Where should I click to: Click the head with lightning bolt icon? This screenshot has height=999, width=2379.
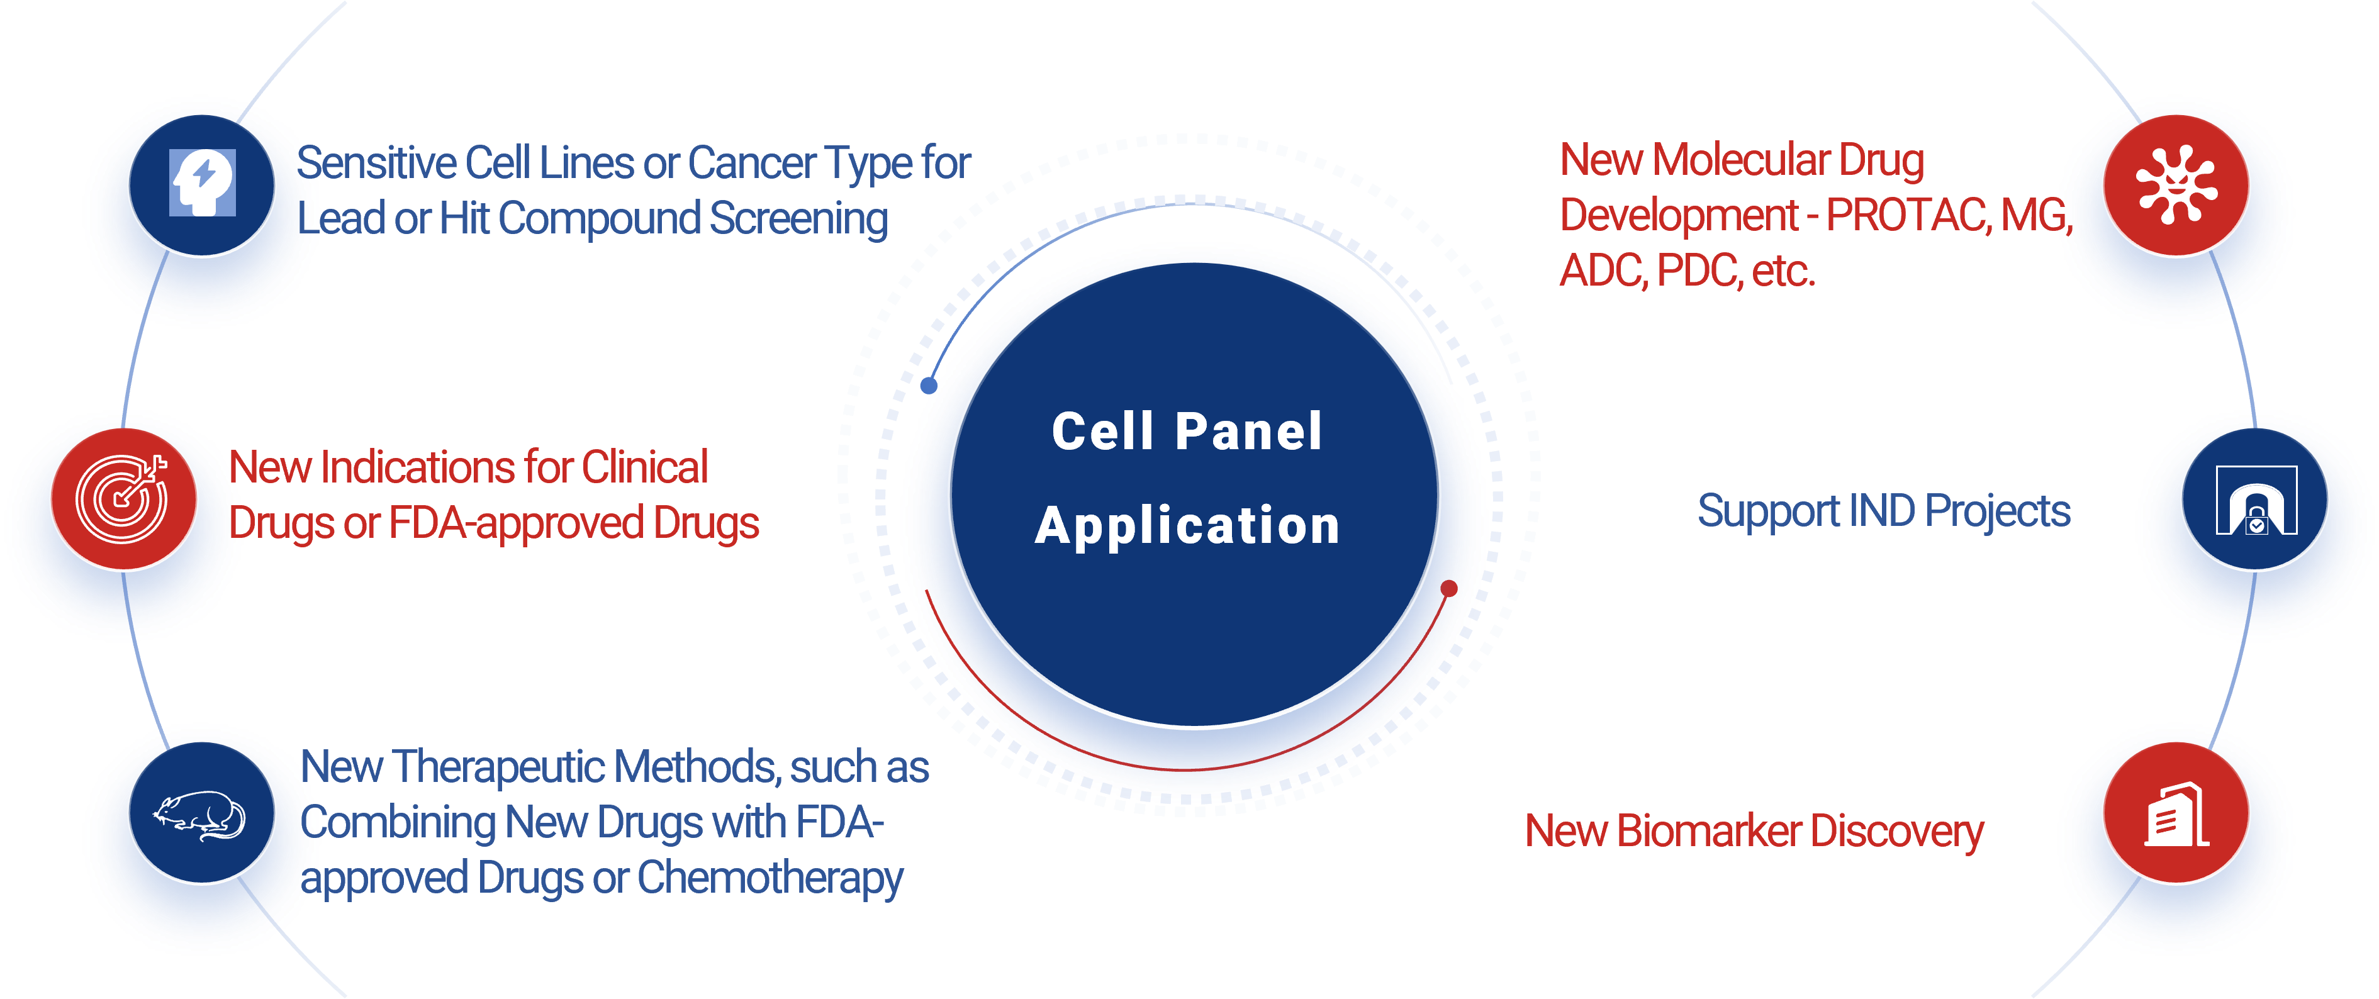click(202, 184)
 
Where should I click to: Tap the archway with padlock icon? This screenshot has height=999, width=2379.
click(2254, 500)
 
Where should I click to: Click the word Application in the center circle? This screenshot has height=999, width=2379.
click(1188, 527)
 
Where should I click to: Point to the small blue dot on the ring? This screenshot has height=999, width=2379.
click(929, 385)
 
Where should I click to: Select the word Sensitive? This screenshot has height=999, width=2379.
click(379, 164)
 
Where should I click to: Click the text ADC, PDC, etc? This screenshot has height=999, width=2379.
click(1686, 271)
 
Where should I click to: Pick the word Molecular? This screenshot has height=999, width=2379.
click(1741, 160)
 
